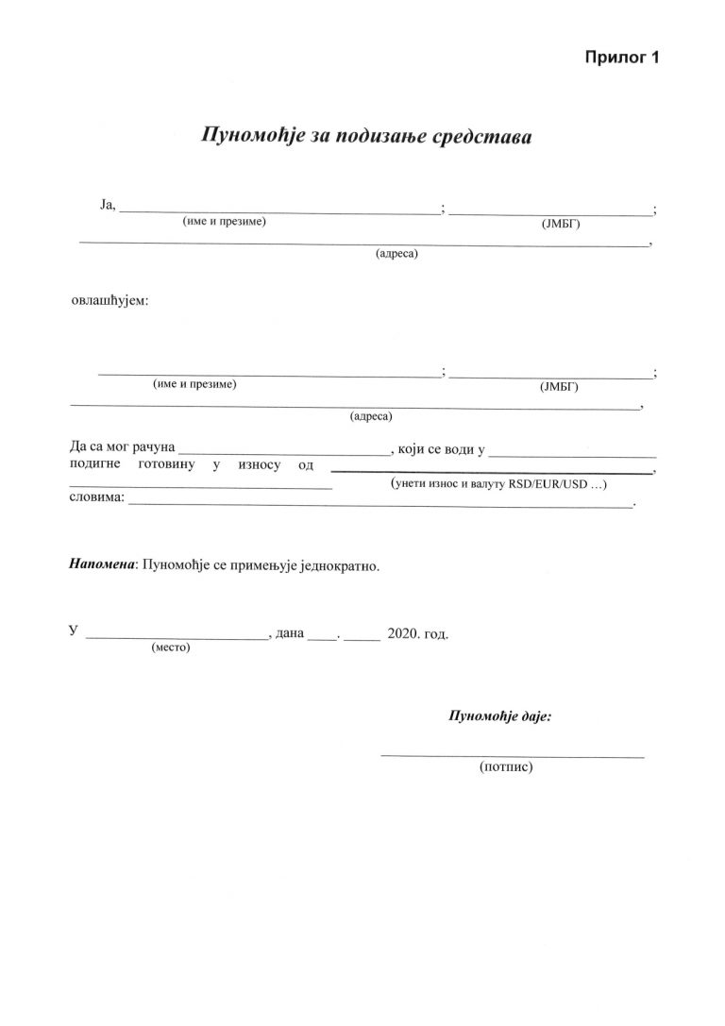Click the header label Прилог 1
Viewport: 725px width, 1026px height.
(619, 58)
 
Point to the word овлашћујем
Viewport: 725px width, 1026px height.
(110, 301)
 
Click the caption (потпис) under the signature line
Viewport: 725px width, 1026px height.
(507, 767)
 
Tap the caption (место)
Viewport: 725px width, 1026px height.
(171, 648)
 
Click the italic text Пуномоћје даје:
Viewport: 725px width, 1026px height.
(499, 715)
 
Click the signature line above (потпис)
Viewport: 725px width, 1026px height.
(512, 756)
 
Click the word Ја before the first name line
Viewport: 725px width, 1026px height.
(106, 205)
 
